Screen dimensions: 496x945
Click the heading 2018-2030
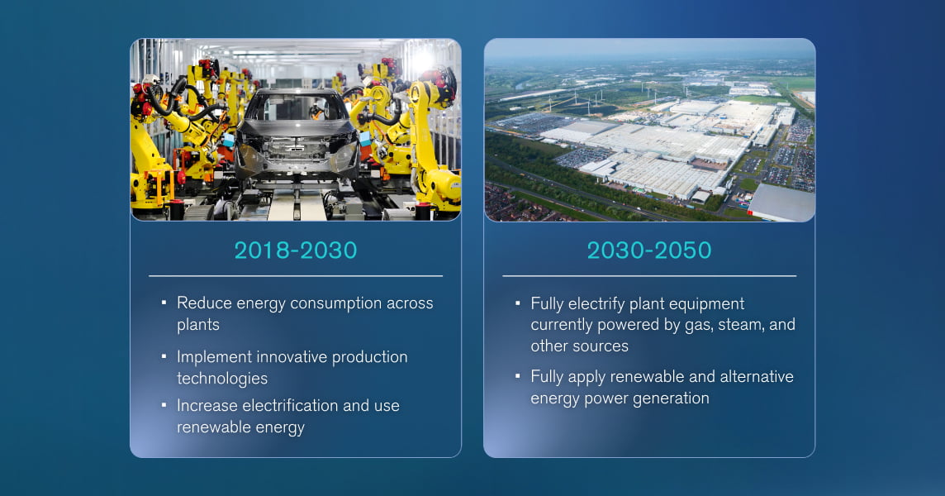tap(295, 250)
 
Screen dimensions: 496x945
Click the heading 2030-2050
tap(648, 250)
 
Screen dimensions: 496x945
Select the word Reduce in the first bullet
tap(204, 303)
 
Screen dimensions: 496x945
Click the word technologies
tap(221, 379)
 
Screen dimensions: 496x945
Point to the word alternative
tap(753, 377)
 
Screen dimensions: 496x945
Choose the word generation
tap(670, 399)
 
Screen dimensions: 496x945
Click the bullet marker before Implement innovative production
tap(164, 356)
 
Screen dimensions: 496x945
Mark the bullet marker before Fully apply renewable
tap(518, 376)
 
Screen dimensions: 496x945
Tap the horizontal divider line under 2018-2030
tap(295, 276)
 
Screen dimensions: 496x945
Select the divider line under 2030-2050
tap(648, 276)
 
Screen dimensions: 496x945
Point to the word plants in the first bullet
tap(197, 325)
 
